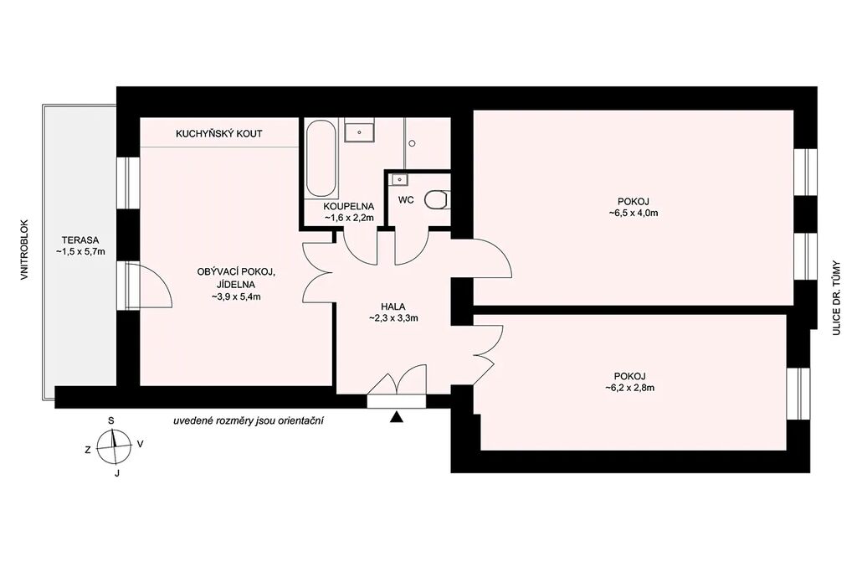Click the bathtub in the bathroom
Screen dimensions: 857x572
[321, 158]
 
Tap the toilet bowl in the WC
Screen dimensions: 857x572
[439, 199]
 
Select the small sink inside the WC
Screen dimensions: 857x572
[399, 179]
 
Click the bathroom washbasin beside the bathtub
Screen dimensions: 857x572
[359, 132]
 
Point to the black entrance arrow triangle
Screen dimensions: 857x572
[397, 417]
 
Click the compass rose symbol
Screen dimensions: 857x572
[114, 446]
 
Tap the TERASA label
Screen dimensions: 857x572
[80, 240]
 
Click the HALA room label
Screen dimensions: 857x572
[393, 307]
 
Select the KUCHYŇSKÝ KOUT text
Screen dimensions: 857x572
[218, 133]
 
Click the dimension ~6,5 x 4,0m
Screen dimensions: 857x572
[633, 214]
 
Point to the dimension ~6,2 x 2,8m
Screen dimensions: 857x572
[629, 389]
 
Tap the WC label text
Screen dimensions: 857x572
[406, 200]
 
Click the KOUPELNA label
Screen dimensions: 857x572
[349, 207]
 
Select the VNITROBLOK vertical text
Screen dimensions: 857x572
[23, 250]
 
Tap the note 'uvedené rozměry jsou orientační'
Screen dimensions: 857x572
[249, 421]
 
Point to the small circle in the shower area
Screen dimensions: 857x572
[412, 143]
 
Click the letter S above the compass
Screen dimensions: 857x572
[111, 420]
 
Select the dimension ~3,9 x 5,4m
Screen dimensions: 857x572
[235, 297]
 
